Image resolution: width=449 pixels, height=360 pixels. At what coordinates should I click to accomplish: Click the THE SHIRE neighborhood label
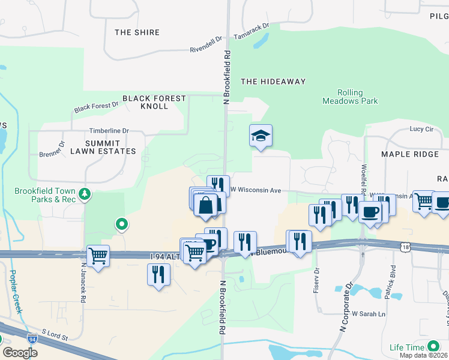[x=137, y=32]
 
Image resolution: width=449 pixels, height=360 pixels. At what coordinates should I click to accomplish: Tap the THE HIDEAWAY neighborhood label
[x=273, y=82]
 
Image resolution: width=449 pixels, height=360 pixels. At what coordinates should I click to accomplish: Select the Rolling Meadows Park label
[x=350, y=97]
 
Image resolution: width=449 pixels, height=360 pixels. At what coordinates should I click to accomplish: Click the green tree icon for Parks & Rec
[x=85, y=193]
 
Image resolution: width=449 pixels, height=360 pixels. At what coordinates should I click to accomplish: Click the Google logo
[x=20, y=353]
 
